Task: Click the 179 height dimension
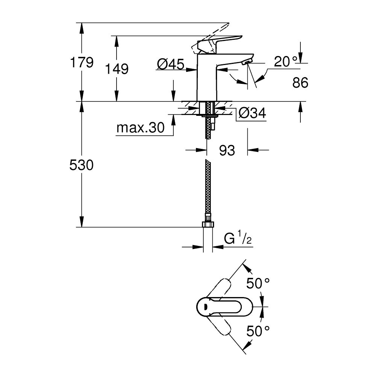click(82, 62)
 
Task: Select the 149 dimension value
click(117, 69)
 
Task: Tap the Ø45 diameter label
click(170, 65)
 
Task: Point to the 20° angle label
click(285, 62)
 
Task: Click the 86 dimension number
click(300, 83)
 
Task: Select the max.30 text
click(140, 128)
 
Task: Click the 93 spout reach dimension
click(227, 150)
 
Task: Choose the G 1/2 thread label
click(238, 239)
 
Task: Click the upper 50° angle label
click(258, 283)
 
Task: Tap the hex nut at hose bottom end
click(207, 224)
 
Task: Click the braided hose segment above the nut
click(207, 188)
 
